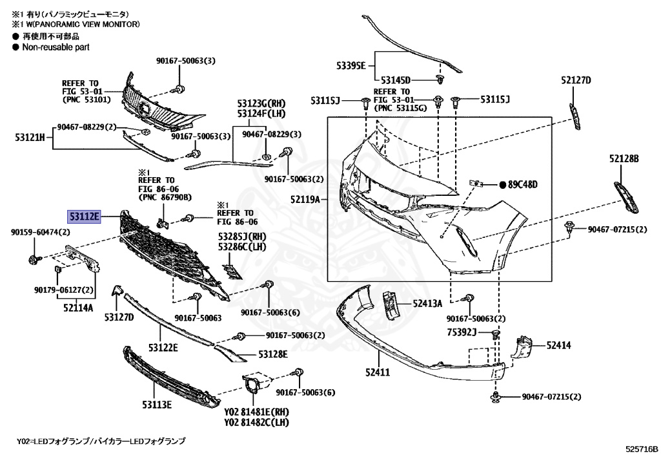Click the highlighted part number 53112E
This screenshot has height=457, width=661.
pos(85,216)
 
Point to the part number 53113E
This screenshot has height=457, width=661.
pos(157,405)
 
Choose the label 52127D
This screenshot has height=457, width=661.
pos(576,80)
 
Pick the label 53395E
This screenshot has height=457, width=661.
pos(351,66)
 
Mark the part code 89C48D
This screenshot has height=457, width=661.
pos(522,184)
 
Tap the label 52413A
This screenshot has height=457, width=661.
pos(427,303)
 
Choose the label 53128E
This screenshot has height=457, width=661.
pos(273,354)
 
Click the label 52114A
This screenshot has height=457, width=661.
pos(78,308)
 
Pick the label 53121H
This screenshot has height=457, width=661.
pos(30,137)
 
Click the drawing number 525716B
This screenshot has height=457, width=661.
pos(640,448)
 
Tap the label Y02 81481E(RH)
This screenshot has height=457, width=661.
pos(256,411)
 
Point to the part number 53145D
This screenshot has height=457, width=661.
pos(395,80)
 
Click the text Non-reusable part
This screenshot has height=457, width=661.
pos(56,47)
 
